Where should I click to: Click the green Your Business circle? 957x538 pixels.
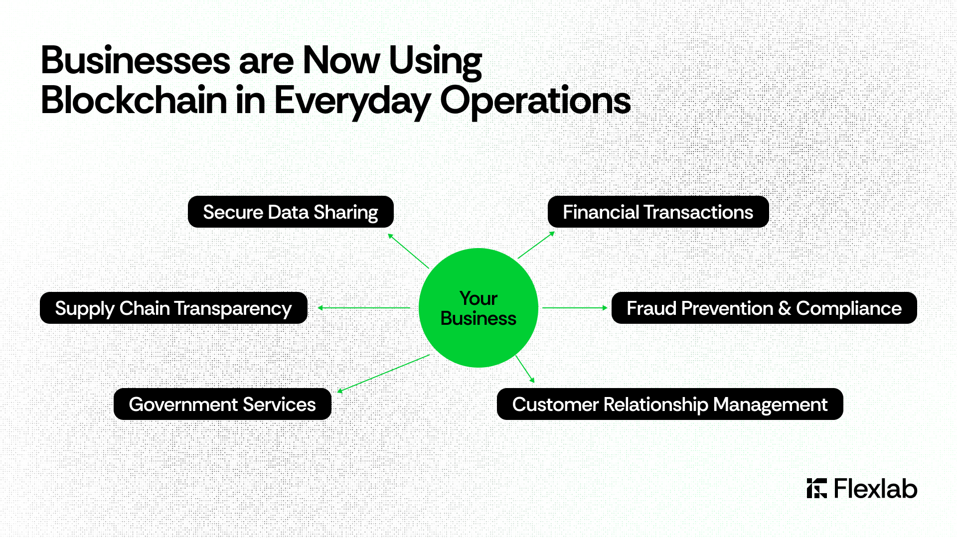point(478,308)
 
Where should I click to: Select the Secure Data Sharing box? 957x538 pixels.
point(291,212)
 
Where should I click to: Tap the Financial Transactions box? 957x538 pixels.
point(658,212)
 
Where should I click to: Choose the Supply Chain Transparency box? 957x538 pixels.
point(173,308)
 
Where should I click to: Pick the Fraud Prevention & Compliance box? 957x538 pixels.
point(764,308)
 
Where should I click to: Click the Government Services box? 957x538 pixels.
point(222,404)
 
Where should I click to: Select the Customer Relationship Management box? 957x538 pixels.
point(670,404)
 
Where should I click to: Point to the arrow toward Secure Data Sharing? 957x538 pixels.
point(408,251)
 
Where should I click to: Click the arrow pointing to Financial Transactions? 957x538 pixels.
point(536,245)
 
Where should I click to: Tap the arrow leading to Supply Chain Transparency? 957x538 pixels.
point(364,308)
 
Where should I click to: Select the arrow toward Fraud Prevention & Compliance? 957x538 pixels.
point(575,308)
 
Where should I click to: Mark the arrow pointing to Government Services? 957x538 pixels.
point(383,374)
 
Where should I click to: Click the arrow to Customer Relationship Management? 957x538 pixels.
point(525,369)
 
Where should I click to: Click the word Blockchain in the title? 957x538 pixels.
point(134,100)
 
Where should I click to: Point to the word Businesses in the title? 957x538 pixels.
point(136,60)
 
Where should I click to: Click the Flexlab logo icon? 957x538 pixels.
point(817,488)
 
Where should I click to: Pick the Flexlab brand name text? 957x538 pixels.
point(875,488)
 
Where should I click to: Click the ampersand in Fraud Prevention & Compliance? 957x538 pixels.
point(785,308)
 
